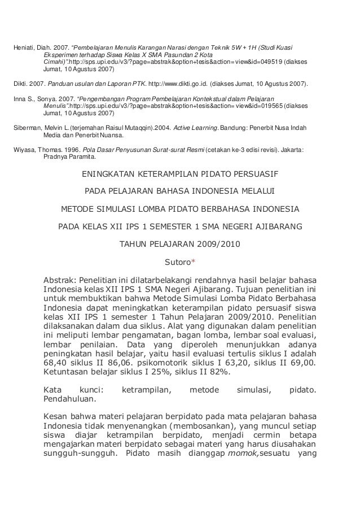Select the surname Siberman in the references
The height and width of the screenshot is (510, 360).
pyautogui.click(x=26, y=128)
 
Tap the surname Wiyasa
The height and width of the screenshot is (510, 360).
pyautogui.click(x=23, y=151)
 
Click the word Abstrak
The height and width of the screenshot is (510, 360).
pyautogui.click(x=60, y=280)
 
